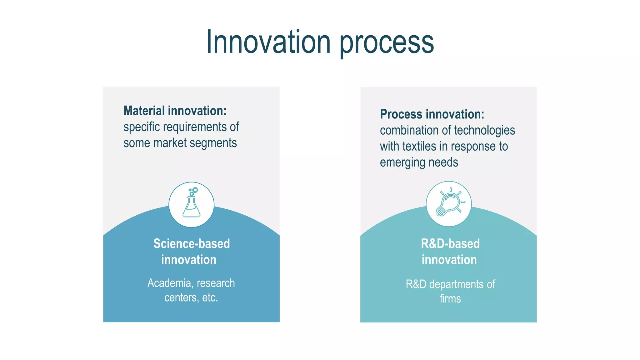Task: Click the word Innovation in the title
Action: (x=268, y=42)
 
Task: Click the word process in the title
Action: (x=387, y=44)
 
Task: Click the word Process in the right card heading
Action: (x=401, y=114)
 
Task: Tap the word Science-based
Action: (x=192, y=244)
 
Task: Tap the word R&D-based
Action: (x=450, y=244)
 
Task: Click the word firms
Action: (x=450, y=299)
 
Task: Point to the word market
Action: (x=170, y=143)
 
